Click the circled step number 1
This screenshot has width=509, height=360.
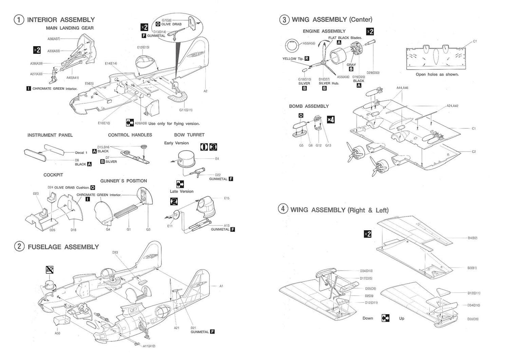point(18,20)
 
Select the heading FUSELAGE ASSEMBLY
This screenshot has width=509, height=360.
point(63,247)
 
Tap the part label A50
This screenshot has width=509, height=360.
point(57,333)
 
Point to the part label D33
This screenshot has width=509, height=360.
point(115,252)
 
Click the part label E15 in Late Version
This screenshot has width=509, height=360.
point(227,198)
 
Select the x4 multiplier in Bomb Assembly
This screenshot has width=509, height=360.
point(330,120)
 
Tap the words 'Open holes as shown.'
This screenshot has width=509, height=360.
point(437,74)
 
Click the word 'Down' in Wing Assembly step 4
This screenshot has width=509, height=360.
point(368,318)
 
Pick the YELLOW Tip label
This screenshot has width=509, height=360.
point(293,58)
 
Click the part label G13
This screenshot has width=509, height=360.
point(328,145)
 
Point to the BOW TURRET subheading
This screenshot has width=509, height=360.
point(189,135)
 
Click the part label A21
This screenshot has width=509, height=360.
point(177,328)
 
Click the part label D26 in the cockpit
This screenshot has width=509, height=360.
point(52,230)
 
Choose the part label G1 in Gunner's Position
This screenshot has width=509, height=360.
point(129,230)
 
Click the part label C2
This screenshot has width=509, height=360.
point(474,151)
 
